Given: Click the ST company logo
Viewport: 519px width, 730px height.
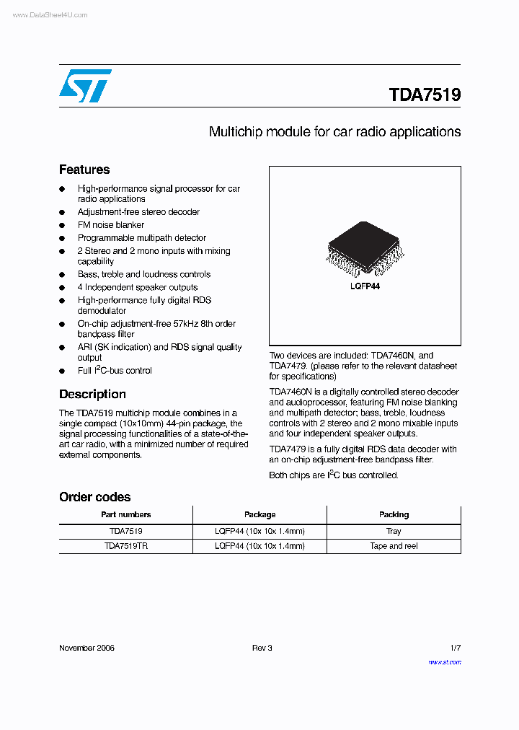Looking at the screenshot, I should pyautogui.click(x=85, y=86).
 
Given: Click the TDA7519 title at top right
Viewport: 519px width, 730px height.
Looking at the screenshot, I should pyautogui.click(x=425, y=94).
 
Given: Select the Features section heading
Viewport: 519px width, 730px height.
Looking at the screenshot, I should pyautogui.click(x=84, y=170).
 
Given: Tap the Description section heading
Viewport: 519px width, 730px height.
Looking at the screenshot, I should pyautogui.click(x=92, y=394).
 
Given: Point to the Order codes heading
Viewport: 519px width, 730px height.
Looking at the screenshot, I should pyautogui.click(x=94, y=497).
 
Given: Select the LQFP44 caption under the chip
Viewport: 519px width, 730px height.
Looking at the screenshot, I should pyautogui.click(x=365, y=286).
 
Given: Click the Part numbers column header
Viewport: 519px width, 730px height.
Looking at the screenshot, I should pyautogui.click(x=125, y=514).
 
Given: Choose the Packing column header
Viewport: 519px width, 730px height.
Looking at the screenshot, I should pyautogui.click(x=394, y=514).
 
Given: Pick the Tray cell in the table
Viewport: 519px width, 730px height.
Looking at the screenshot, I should pyautogui.click(x=394, y=531).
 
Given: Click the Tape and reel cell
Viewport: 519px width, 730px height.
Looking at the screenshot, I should pyautogui.click(x=394, y=546).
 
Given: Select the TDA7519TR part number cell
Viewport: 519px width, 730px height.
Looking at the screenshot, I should pyautogui.click(x=125, y=546).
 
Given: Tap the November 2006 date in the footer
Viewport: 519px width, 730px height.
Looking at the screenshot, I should pyautogui.click(x=86, y=648).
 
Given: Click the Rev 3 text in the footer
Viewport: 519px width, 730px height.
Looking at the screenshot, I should pyautogui.click(x=262, y=648).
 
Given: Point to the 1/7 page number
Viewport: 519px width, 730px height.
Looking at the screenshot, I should pyautogui.click(x=455, y=648).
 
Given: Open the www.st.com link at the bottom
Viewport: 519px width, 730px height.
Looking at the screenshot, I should pyautogui.click(x=444, y=661).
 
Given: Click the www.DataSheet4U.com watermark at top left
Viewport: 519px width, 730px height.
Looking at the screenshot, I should pyautogui.click(x=50, y=14).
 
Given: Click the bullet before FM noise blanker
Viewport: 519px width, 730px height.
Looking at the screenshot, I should pyautogui.click(x=62, y=225).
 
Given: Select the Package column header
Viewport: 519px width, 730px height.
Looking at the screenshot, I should pyautogui.click(x=259, y=514).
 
